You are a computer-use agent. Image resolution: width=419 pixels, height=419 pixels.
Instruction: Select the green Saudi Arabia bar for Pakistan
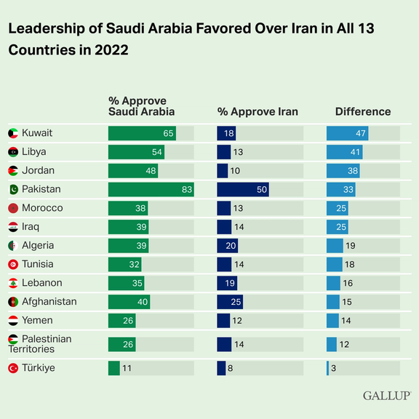coord(151,189)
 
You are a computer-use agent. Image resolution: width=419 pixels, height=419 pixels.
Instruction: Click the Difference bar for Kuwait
coord(347,133)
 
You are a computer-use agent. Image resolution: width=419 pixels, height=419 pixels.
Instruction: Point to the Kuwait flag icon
coord(12,133)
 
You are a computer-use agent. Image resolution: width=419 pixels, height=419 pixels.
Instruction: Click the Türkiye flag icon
coord(12,369)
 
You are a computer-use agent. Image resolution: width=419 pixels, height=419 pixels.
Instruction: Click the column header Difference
coord(362,111)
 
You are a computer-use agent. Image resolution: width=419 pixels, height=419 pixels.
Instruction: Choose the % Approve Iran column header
coord(258,111)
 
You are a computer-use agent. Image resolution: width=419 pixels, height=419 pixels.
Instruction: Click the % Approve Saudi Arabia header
coord(141,105)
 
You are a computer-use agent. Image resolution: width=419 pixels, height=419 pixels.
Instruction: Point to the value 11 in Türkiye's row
coord(127,369)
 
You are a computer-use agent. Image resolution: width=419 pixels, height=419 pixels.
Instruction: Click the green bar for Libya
coord(136,152)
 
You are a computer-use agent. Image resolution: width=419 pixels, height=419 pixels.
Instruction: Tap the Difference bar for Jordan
coord(343,170)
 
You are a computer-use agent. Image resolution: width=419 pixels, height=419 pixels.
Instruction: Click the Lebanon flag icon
coord(12,283)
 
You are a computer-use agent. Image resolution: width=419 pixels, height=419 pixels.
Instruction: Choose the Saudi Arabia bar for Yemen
coord(121,320)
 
